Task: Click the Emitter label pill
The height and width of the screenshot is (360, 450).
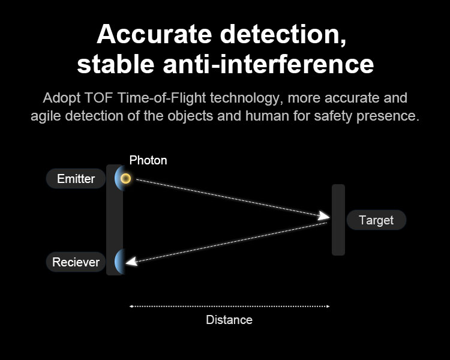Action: [x=76, y=179]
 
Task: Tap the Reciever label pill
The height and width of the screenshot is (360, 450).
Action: [x=76, y=262]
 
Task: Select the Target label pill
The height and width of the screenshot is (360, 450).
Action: [x=376, y=220]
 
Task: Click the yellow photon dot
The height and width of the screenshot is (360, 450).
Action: [x=125, y=179]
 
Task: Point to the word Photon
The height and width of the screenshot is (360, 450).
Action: [x=148, y=160]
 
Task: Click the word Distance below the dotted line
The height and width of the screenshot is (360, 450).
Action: [x=229, y=320]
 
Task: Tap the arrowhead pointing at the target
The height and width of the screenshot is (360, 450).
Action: [x=324, y=216]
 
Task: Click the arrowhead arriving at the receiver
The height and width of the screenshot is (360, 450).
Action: [x=131, y=262]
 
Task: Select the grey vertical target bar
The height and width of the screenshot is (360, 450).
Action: [x=338, y=220]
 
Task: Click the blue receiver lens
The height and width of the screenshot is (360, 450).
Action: [x=119, y=262]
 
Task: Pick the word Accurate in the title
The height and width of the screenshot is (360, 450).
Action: [x=154, y=34]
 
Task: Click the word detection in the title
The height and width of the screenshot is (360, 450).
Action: [x=283, y=35]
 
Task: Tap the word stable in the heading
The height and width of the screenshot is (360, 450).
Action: [x=116, y=64]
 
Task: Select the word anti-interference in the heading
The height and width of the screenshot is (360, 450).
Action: [x=268, y=64]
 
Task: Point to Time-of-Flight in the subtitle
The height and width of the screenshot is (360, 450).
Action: [x=161, y=98]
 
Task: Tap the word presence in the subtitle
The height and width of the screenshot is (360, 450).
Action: [x=388, y=116]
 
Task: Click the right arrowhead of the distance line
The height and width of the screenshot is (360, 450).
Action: [x=328, y=307]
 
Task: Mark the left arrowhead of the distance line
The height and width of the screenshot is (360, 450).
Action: [x=131, y=307]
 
